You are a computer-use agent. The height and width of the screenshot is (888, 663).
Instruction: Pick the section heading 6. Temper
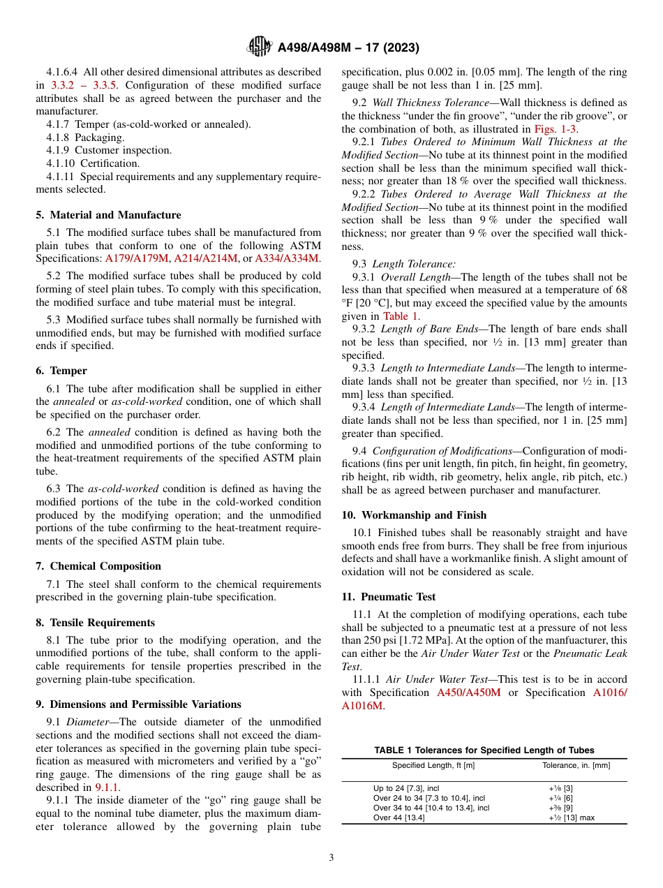61,371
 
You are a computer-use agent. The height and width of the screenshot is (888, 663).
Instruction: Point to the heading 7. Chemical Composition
98,566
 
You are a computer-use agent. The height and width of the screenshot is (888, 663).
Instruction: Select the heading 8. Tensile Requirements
95,623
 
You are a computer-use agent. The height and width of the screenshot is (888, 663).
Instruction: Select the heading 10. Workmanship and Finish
414,515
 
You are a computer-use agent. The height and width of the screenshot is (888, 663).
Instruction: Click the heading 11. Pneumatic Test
388,597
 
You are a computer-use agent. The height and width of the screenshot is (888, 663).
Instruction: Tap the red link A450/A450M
468,693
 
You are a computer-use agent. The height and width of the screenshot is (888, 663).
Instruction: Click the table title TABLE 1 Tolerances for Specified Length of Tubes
484,750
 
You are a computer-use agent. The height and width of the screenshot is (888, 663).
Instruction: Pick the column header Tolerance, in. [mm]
576,766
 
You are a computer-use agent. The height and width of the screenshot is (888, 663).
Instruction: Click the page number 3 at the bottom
331,858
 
